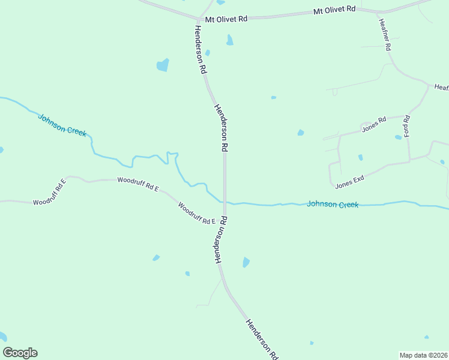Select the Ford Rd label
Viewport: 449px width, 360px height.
(406, 125)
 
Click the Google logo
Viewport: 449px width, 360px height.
(20, 353)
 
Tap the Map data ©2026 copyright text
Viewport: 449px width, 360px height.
(423, 355)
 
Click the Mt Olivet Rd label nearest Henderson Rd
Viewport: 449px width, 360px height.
(226, 19)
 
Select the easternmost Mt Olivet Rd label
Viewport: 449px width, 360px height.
(335, 10)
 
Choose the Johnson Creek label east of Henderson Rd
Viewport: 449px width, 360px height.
(333, 205)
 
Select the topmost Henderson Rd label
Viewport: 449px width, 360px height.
(200, 49)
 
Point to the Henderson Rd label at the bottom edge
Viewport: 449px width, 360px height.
(262, 339)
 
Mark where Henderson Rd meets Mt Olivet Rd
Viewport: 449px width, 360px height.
(197, 19)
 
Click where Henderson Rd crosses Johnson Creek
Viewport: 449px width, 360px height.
(224, 203)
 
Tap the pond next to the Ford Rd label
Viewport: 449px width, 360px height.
(398, 137)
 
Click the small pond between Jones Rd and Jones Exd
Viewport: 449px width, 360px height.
(360, 158)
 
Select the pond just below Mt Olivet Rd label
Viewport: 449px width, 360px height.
(229, 40)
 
